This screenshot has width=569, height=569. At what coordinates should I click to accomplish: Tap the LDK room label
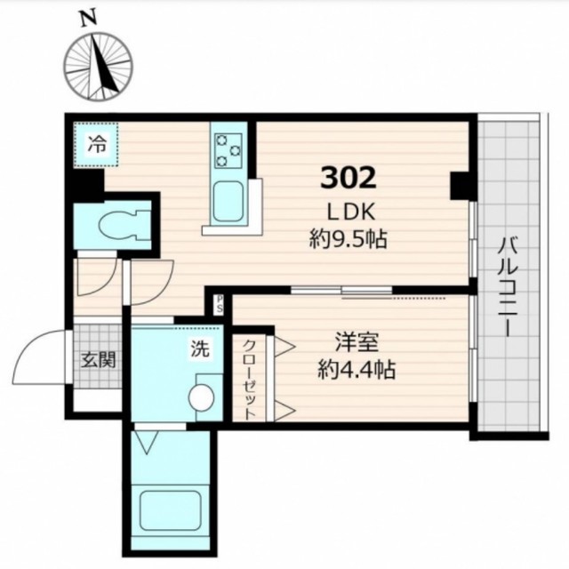(x=350, y=212)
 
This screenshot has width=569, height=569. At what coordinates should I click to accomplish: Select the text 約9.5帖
(x=349, y=239)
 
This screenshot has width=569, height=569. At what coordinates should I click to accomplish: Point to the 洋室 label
(x=357, y=342)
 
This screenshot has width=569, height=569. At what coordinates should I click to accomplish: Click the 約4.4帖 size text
(x=357, y=370)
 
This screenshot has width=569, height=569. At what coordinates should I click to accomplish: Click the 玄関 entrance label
(x=99, y=360)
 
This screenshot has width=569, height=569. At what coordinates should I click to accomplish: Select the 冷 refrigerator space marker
(x=97, y=145)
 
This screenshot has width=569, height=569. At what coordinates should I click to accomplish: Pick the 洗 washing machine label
(x=200, y=349)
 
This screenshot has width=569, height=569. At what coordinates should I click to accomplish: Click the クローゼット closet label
(x=249, y=380)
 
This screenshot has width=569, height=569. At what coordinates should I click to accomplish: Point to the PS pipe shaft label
(x=220, y=303)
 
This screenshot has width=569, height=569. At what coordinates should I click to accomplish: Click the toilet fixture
(x=124, y=225)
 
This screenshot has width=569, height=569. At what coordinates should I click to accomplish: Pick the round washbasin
(x=202, y=398)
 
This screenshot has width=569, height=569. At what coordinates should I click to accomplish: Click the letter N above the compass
(x=89, y=19)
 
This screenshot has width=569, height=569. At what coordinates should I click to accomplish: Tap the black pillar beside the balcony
(x=460, y=186)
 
